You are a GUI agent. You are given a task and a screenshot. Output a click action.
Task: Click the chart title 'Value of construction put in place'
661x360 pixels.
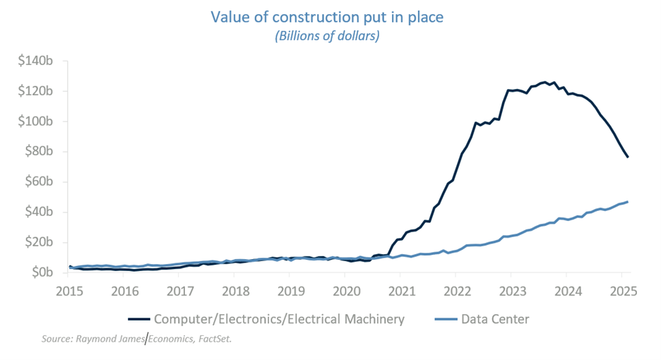327,16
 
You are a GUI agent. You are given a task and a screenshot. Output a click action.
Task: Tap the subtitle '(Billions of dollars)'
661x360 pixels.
327,36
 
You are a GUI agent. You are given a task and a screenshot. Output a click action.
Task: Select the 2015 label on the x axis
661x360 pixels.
69,290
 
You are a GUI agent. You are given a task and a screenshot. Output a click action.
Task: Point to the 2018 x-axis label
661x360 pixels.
235,290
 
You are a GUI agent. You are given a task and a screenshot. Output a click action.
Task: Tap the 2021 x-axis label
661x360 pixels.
402,290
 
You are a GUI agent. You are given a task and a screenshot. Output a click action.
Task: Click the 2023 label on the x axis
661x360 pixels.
513,290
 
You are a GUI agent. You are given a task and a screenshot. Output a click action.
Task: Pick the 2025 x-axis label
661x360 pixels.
624,290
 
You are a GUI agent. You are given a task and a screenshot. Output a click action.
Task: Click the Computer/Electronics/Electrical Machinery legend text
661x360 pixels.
279,319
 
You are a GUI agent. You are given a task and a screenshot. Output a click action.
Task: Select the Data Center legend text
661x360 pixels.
495,319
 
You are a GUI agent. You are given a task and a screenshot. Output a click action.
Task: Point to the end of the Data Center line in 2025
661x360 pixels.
628,202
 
